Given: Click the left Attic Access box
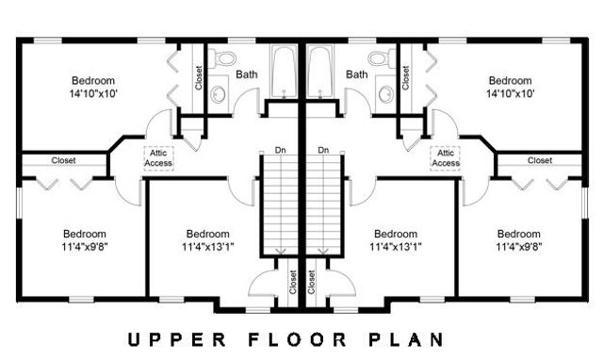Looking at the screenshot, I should pos(158,157).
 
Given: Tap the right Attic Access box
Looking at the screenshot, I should pos(445,157).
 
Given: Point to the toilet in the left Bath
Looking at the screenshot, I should pos(223,59).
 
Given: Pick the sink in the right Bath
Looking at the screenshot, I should pos(384,92).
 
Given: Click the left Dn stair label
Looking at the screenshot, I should pos(280,150).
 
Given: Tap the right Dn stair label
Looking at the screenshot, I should pos(322,150).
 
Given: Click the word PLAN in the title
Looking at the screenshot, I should pos(405,336).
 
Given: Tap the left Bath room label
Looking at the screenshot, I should pos(247,74).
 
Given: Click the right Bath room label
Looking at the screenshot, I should pos(356,74).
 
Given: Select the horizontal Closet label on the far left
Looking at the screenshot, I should pos(64,160).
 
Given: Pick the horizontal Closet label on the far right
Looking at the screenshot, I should pos(540,160).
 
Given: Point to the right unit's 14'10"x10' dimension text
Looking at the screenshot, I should pos(510,94).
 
